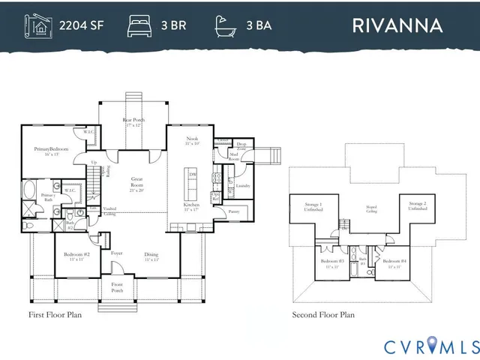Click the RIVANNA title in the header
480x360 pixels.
point(397,24)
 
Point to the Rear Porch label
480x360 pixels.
point(133,121)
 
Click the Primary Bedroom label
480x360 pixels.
point(51,151)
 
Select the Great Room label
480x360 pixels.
point(137,181)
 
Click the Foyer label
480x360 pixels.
point(117,253)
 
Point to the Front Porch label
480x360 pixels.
point(117,286)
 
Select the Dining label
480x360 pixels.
point(151,256)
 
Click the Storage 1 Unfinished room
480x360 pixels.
point(313,207)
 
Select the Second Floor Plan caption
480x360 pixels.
point(323,315)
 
